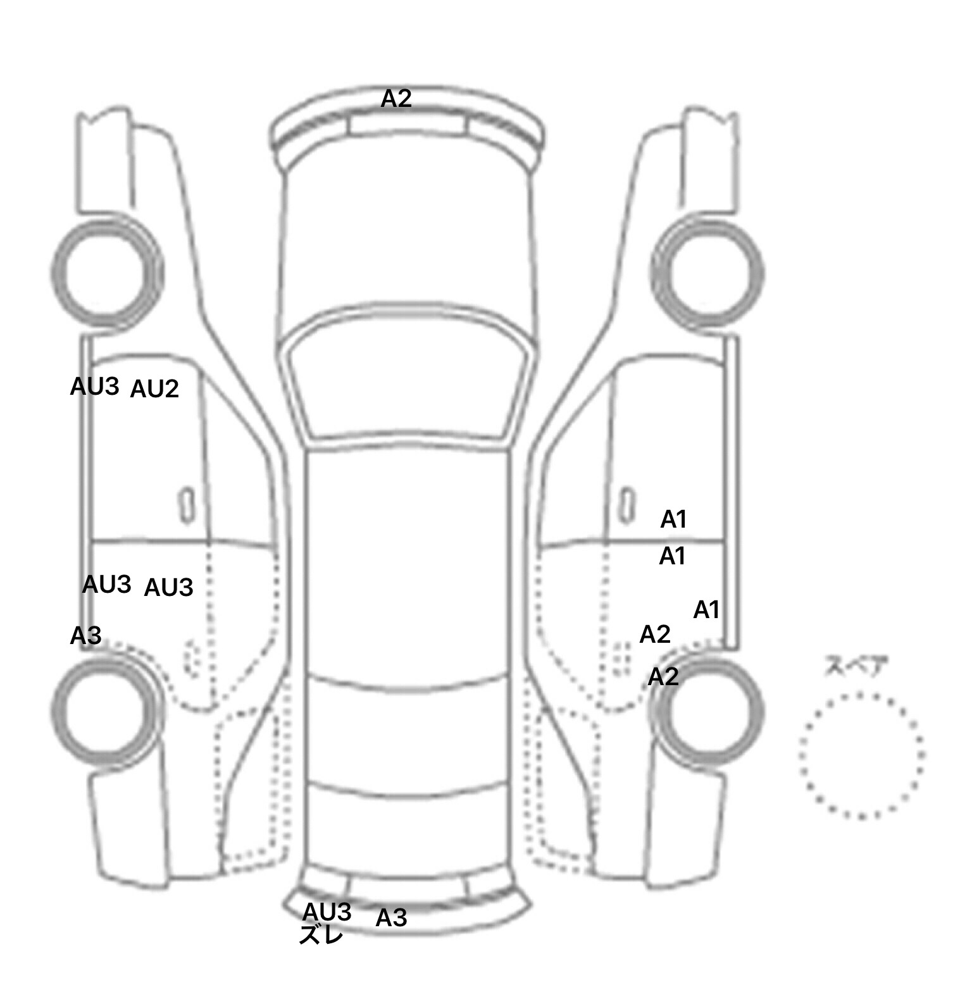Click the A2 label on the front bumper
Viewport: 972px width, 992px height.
pos(396,98)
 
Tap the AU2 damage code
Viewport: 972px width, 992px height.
pos(154,389)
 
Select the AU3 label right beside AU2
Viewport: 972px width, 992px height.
pos(95,387)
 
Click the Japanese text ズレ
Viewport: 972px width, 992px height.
pos(321,935)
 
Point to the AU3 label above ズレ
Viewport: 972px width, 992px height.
pos(327,912)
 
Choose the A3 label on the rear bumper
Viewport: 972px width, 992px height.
pos(391,918)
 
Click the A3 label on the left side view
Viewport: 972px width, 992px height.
pos(85,636)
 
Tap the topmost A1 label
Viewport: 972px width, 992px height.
pos(673,519)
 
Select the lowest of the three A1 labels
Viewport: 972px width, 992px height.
pos(706,610)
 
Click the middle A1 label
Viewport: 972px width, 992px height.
pos(672,556)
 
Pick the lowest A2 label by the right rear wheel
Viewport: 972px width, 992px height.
pos(663,677)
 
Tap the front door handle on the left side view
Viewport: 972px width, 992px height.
pos(186,505)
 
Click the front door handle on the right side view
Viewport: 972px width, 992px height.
pos(626,505)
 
